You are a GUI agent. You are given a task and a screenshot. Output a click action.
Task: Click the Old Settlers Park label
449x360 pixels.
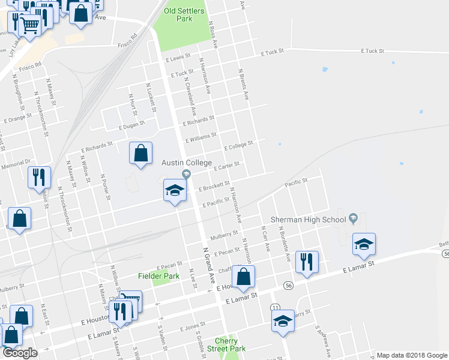(x=184, y=15)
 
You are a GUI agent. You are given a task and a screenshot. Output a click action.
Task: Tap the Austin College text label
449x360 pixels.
(x=186, y=163)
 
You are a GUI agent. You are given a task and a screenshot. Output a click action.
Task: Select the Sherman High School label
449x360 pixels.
(x=309, y=220)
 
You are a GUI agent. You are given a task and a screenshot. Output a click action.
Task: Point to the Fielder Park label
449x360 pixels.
(x=159, y=276)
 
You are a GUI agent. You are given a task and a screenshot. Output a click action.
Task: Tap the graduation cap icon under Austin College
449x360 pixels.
(x=175, y=191)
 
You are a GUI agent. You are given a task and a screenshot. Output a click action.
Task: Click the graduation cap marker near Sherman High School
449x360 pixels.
(x=364, y=244)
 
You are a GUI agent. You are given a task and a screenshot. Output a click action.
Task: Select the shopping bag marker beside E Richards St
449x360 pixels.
(x=140, y=153)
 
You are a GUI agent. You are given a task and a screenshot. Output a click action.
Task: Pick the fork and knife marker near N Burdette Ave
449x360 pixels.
(x=307, y=261)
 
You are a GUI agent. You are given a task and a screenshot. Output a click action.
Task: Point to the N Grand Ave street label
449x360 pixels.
(x=209, y=265)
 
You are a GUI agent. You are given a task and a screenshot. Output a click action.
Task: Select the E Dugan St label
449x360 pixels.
(x=132, y=125)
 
